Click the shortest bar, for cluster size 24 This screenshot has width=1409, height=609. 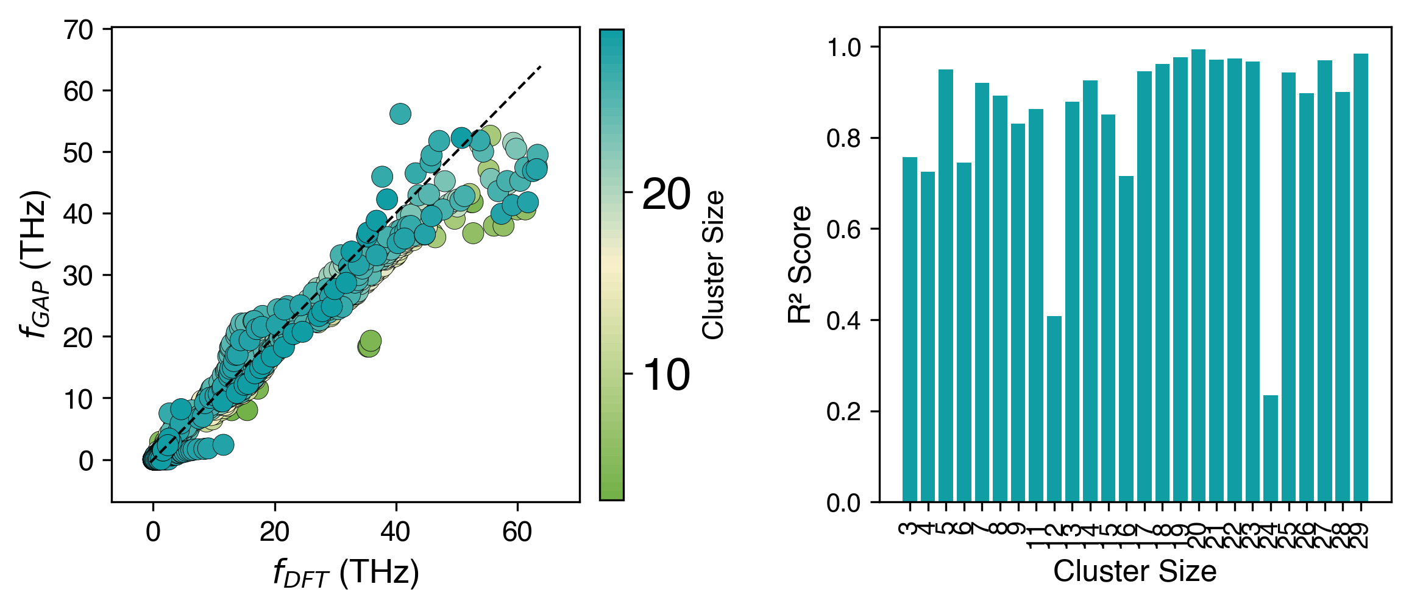pyautogui.click(x=1270, y=449)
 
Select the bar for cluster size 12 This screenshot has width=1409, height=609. pyautogui.click(x=1054, y=409)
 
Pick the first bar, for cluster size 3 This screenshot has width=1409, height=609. pyautogui.click(x=910, y=329)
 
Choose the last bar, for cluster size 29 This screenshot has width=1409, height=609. pyautogui.click(x=1361, y=278)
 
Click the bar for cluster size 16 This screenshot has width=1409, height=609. pyautogui.click(x=1126, y=339)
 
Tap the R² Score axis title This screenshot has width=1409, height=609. pyautogui.click(x=800, y=264)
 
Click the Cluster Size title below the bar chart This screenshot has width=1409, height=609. pyautogui.click(x=1135, y=572)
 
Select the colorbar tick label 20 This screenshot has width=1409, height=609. pyautogui.click(x=666, y=195)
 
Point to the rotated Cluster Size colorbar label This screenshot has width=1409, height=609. pyautogui.click(x=712, y=264)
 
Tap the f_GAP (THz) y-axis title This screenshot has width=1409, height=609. pyautogui.click(x=35, y=264)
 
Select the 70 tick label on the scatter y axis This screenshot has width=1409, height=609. pyautogui.click(x=79, y=30)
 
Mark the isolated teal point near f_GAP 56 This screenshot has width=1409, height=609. pyautogui.click(x=400, y=114)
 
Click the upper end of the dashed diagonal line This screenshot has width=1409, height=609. pyautogui.click(x=541, y=66)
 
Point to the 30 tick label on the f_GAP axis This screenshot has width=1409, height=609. pyautogui.click(x=79, y=276)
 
